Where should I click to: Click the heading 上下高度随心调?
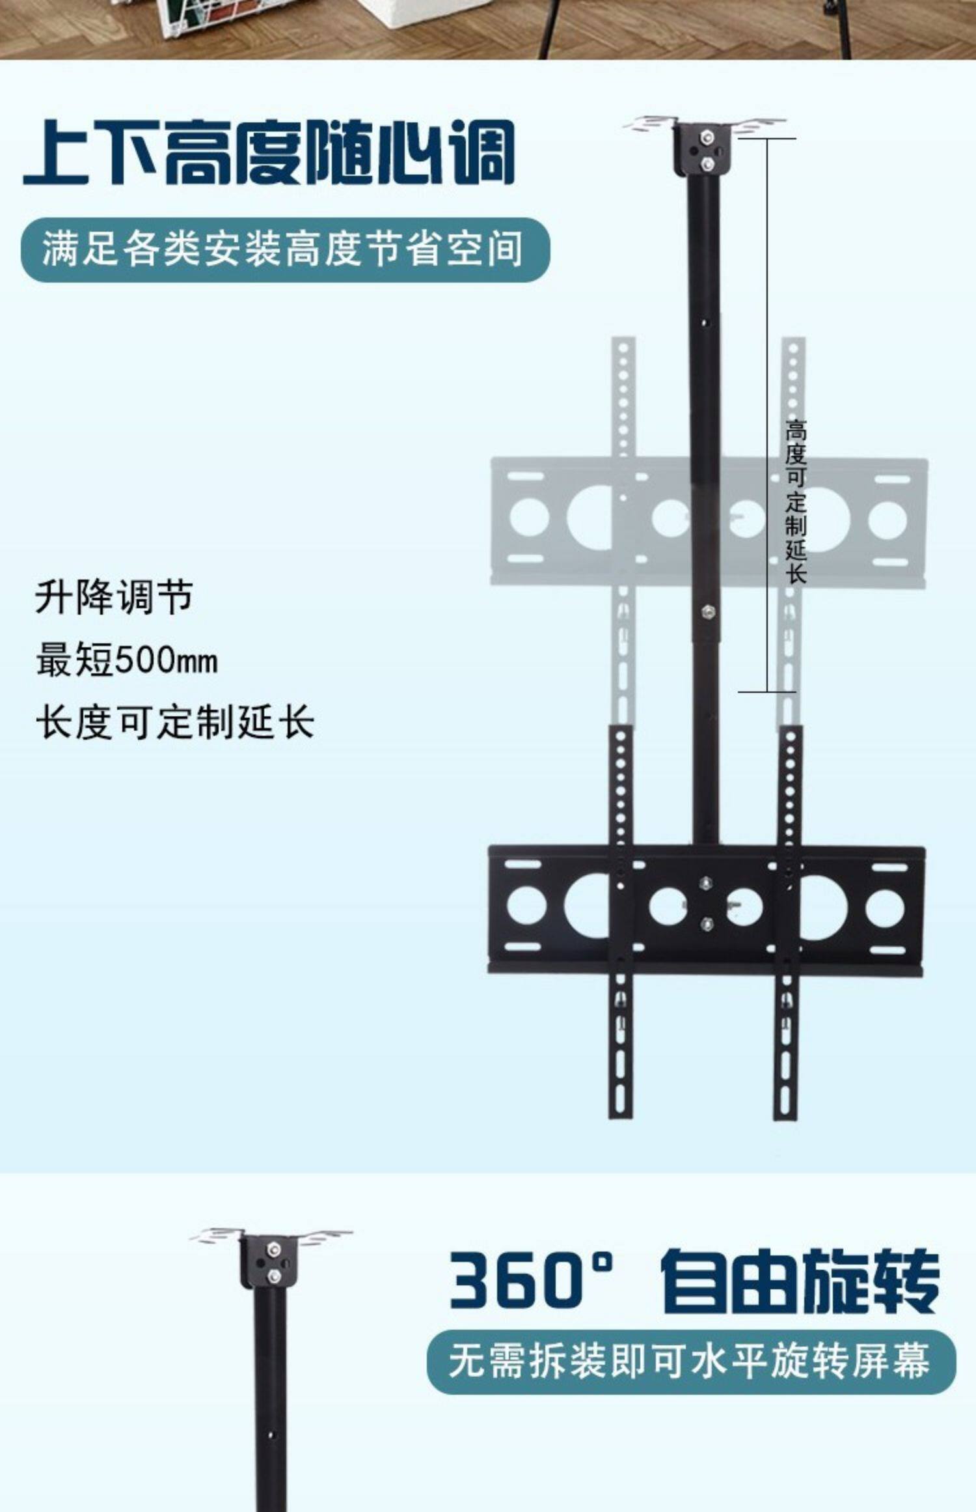click(x=269, y=153)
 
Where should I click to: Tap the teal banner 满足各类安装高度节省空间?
click(x=285, y=249)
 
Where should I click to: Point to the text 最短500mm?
click(x=127, y=660)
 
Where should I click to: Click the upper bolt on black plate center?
click(x=705, y=883)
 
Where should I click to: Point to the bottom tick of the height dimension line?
click(x=767, y=692)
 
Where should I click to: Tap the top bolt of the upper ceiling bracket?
click(x=705, y=137)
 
